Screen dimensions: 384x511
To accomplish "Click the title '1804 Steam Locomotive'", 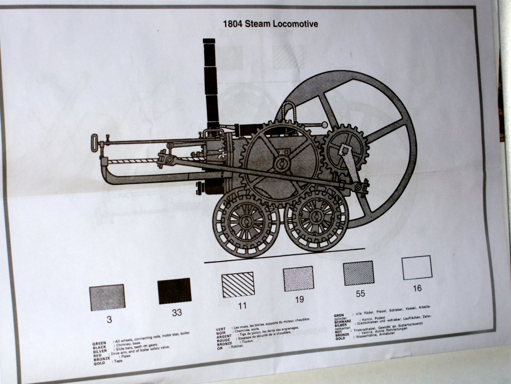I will click(270, 24).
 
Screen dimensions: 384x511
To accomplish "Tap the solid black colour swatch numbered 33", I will click(174, 291).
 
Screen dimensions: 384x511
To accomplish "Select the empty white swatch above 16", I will click(417, 268).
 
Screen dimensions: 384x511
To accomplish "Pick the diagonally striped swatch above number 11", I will click(238, 284).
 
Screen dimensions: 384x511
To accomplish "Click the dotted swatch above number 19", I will click(299, 279).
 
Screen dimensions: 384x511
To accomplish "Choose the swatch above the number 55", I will click(359, 273).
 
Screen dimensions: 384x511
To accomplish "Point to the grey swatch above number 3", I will click(107, 297).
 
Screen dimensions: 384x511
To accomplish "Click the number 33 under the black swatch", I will click(177, 312).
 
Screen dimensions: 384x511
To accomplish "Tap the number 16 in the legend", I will click(417, 288).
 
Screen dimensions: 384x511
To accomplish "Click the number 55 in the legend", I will click(360, 294).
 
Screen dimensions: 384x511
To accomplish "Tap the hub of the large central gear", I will click(281, 163).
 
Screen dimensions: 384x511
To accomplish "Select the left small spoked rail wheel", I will click(246, 222).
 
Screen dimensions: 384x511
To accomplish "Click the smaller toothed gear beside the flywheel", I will click(345, 149).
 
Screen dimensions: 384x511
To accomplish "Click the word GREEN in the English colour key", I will click(99, 343).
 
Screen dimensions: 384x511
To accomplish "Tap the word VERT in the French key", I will click(221, 329).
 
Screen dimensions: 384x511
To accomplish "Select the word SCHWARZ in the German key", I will click(344, 321).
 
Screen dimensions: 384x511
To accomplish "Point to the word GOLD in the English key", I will click(99, 363).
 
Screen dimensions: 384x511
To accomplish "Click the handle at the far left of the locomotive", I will click(94, 142).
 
